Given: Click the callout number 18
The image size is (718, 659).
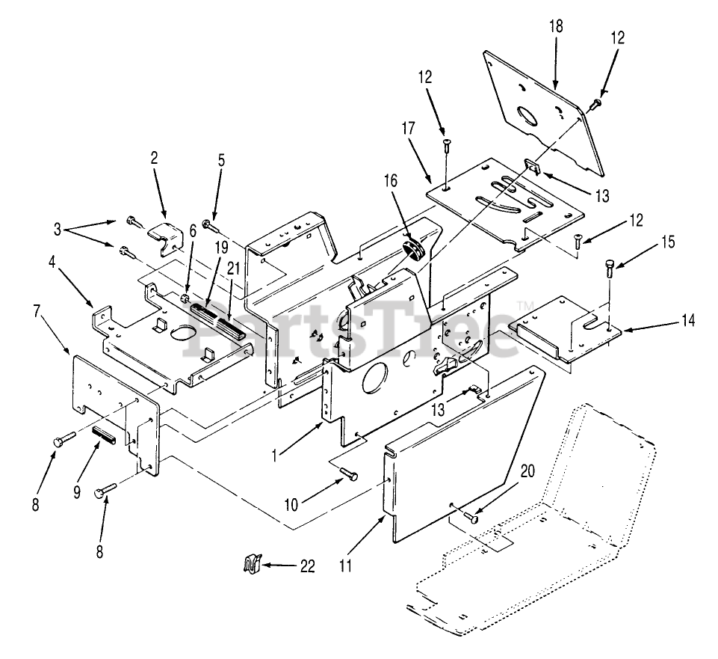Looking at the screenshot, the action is click(x=556, y=27).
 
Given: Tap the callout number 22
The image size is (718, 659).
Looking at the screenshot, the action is click(x=307, y=566).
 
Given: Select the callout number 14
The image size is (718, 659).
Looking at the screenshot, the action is click(x=687, y=320).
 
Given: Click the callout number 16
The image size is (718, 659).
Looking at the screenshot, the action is click(x=391, y=181).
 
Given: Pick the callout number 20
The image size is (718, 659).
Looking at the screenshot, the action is click(x=527, y=471).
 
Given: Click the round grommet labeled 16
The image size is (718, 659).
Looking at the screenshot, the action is click(x=414, y=249).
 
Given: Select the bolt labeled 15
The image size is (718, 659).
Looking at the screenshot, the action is click(x=610, y=268).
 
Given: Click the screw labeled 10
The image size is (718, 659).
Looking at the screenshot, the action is click(x=349, y=476).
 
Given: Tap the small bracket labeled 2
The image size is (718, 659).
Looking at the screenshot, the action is click(x=164, y=235).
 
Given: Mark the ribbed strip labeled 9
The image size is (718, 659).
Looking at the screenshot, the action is click(x=104, y=435).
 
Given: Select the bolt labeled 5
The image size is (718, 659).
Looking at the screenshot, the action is click(x=209, y=224).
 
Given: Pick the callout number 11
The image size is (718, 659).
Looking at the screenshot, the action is click(x=345, y=566).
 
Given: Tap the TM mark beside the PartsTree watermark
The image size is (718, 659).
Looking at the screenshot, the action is click(x=522, y=305).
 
